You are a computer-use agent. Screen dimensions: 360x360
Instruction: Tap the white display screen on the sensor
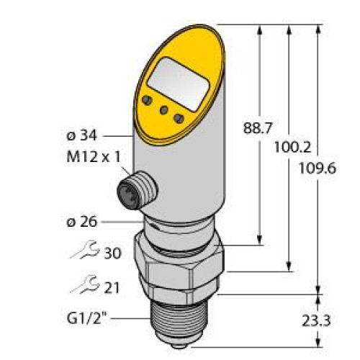pyautogui.click(x=176, y=76)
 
